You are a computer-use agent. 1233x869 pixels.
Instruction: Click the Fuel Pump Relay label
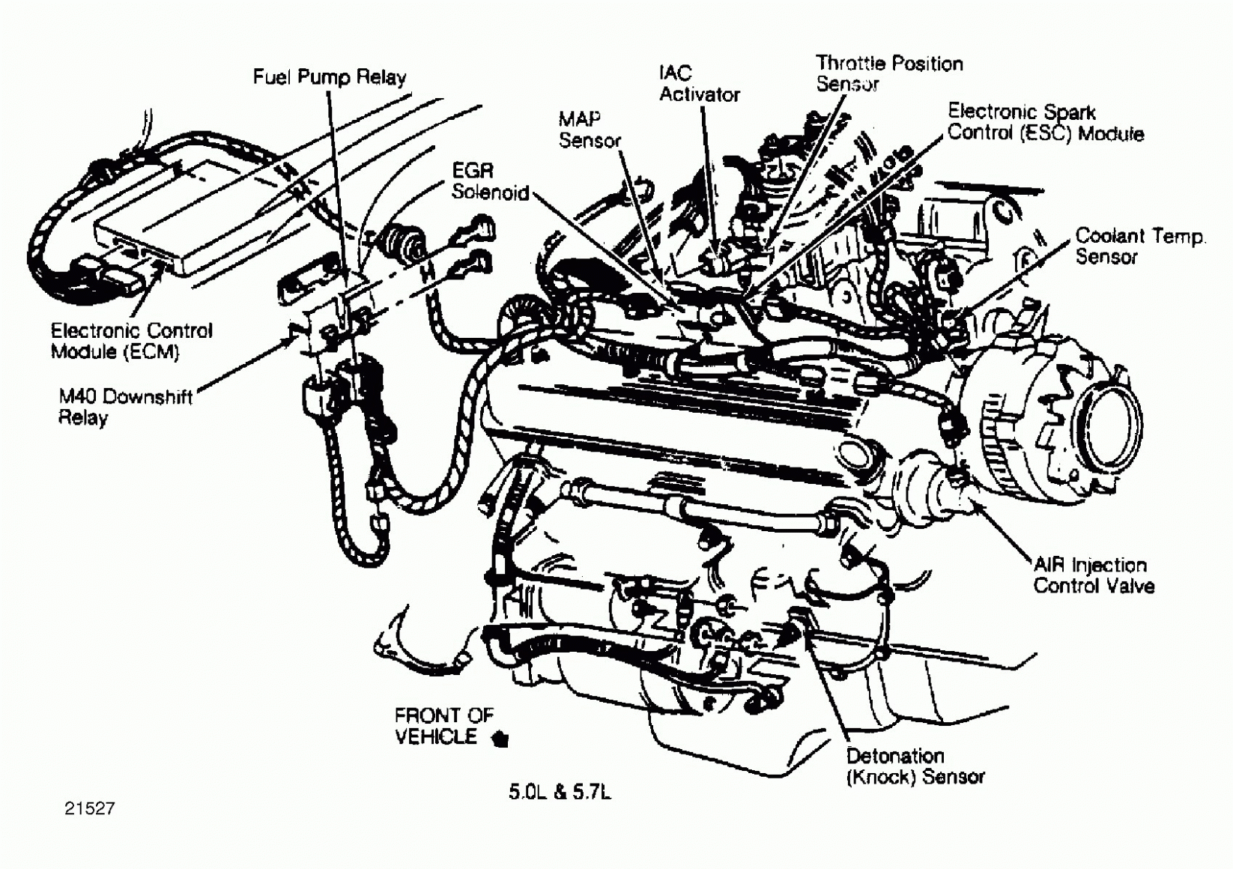(x=329, y=77)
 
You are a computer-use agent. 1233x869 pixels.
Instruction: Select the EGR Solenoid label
(x=489, y=182)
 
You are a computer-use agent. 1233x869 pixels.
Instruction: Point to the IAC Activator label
(x=698, y=84)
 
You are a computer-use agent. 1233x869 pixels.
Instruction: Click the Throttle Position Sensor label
(x=888, y=73)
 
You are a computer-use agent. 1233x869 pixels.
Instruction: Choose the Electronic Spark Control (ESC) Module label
(x=1045, y=123)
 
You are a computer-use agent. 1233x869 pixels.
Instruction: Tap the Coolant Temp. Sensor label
(x=1139, y=246)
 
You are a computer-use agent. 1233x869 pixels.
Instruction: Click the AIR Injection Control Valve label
(x=1093, y=575)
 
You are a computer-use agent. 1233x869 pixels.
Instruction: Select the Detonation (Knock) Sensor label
(x=915, y=766)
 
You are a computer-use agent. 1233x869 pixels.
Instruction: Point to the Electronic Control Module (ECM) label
(x=131, y=341)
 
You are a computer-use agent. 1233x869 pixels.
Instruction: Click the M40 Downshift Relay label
(x=125, y=406)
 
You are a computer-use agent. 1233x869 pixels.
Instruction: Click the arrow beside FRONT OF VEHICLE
(x=500, y=739)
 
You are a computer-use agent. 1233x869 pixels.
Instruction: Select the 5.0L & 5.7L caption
(x=560, y=792)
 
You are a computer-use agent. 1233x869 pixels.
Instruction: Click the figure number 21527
(x=89, y=808)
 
